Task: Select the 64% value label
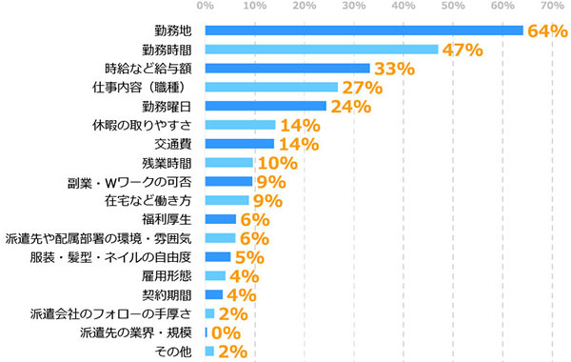546,31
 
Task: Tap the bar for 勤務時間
322,50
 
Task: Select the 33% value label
392,70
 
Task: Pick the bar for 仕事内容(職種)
271,87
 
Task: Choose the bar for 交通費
240,144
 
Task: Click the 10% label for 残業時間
278,163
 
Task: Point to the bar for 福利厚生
220,219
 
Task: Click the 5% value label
249,257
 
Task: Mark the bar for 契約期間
214,294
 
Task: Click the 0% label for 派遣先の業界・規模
225,332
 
